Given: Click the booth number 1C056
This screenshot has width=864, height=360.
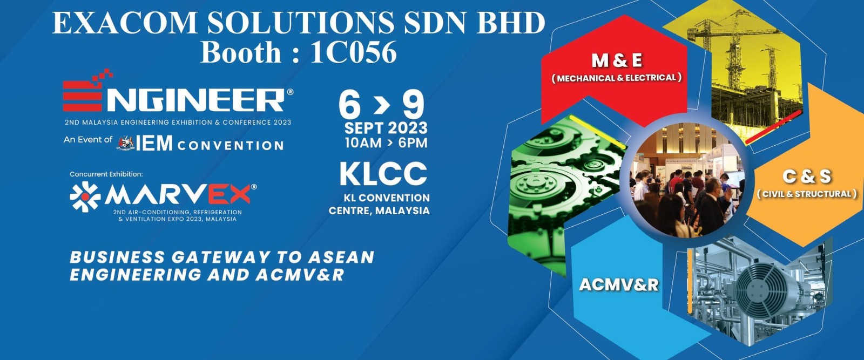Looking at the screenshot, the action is pos(353,52).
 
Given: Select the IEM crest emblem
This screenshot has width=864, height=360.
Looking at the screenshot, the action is pos(126,144).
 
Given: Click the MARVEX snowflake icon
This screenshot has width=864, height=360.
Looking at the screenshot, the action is pos(85,196).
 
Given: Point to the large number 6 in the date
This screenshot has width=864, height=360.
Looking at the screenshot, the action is pos(349,104).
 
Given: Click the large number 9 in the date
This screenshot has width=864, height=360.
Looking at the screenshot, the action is pos(414,104).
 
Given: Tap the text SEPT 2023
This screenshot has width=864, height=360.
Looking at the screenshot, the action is pos(386,128).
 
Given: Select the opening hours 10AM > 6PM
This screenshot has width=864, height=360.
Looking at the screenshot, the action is pos(386,143).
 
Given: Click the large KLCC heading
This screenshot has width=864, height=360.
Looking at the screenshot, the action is pos(383,174).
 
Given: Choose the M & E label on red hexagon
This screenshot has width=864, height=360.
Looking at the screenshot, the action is pos(617,61).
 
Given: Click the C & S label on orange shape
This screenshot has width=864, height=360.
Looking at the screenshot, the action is pos(807,176).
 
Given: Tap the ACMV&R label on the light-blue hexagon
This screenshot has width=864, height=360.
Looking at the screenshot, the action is pos(619,285).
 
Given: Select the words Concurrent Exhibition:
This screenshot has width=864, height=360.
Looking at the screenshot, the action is pos(106,174).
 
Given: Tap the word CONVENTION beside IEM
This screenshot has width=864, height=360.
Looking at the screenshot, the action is pos(231,146).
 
